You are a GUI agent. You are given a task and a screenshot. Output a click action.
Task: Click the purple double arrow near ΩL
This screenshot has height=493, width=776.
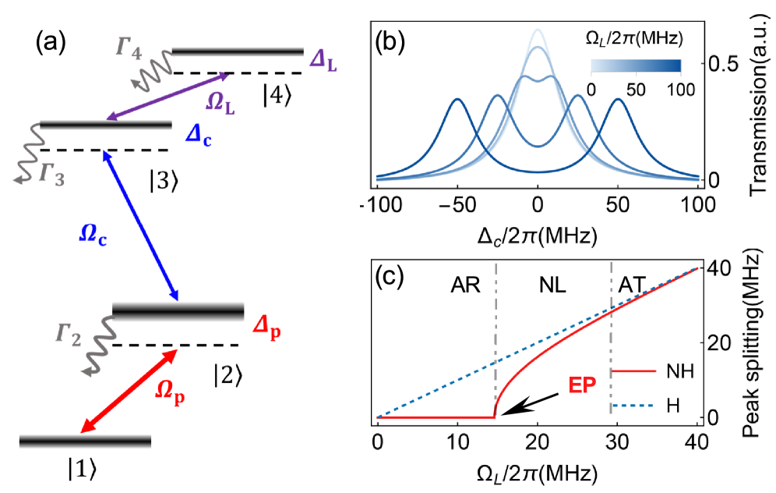pyautogui.click(x=168, y=98)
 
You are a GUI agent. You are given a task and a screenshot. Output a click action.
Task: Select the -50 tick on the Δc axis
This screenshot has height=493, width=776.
pyautogui.click(x=457, y=204)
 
